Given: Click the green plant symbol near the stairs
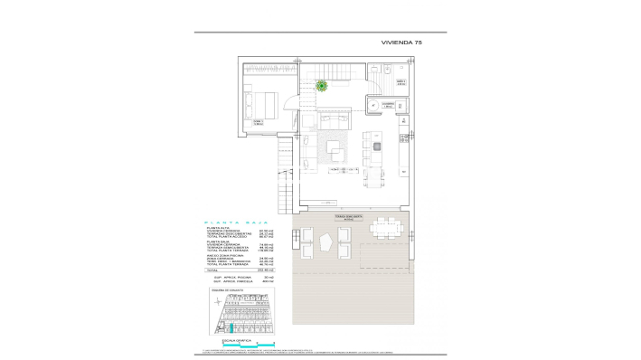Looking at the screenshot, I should [322, 87].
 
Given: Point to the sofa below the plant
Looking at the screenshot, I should [327, 122].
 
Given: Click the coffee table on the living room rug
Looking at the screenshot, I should [334, 147].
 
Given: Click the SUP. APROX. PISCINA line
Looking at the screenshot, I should [230, 277].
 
